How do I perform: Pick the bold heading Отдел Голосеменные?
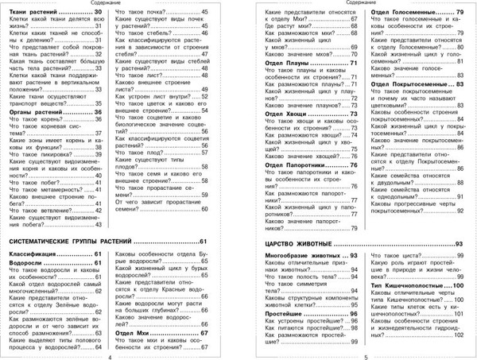[x=398, y=14]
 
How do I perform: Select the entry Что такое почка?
[x=145, y=14]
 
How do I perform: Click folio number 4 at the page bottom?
[x=109, y=355]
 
